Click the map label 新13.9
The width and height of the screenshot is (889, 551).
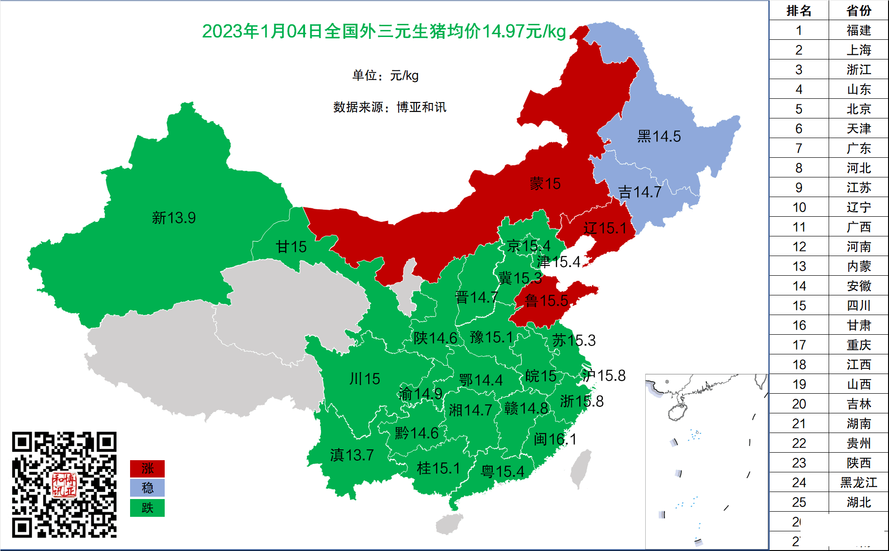[x=174, y=218]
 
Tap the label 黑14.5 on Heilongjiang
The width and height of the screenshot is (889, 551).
[x=659, y=136]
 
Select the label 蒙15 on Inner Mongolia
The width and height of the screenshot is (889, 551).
[x=545, y=184]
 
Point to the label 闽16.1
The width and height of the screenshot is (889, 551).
[x=555, y=439]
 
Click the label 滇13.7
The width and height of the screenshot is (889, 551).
[x=352, y=455]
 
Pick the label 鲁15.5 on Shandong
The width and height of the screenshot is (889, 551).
[x=546, y=301]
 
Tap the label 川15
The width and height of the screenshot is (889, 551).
[x=364, y=378]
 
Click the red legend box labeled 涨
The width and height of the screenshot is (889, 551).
[x=147, y=468]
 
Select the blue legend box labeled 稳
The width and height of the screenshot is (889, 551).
[x=147, y=488]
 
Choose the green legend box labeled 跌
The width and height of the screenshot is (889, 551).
[x=147, y=508]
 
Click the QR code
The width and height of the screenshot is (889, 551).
[x=64, y=485]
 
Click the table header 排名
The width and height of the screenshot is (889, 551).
[x=799, y=10]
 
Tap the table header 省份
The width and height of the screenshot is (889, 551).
[x=859, y=10]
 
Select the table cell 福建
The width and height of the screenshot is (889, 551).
[x=859, y=30]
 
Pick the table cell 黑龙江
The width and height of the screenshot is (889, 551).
[x=859, y=482]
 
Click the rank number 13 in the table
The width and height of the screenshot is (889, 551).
[x=799, y=266]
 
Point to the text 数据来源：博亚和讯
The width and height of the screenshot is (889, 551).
[x=389, y=107]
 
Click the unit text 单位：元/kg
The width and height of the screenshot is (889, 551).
[x=385, y=75]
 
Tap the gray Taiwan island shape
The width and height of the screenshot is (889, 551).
[x=581, y=469]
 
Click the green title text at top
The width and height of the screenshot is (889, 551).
[x=384, y=31]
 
